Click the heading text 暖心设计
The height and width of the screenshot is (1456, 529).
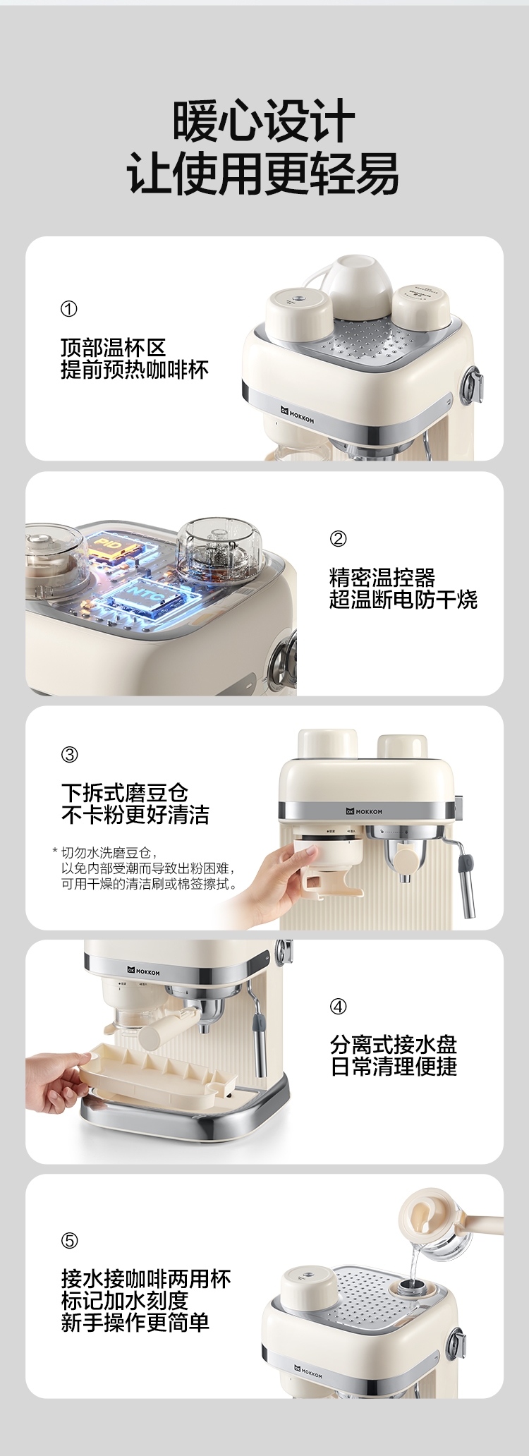point(264,121)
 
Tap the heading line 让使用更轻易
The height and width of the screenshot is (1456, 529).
point(264,174)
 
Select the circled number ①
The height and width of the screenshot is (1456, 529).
point(69,309)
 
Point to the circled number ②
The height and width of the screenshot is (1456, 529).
point(338,539)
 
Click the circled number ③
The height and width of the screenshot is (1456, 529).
point(69,755)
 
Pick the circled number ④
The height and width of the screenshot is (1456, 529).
point(338,1007)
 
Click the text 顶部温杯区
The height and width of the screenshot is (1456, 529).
point(113,348)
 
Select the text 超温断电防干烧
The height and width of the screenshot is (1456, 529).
point(403,600)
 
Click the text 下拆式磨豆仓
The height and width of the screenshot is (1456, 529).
point(124,793)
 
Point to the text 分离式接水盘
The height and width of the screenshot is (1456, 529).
point(394,1044)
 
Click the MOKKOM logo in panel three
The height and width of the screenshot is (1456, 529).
point(364,811)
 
